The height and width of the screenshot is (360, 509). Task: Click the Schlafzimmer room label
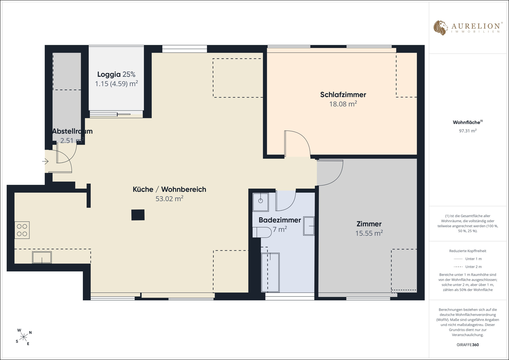(343, 95)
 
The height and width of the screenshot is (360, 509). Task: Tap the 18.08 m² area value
(343, 104)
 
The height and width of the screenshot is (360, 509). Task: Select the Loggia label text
(109, 74)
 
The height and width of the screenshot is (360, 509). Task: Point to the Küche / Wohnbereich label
(169, 189)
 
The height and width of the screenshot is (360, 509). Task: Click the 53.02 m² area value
(169, 198)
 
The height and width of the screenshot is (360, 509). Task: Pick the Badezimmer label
(280, 220)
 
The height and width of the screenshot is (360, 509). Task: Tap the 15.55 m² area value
(369, 233)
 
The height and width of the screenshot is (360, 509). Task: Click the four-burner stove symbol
(22, 230)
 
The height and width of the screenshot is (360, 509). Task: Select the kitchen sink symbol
(42, 257)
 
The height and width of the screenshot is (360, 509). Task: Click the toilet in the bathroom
(262, 232)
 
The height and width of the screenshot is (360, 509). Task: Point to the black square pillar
(138, 215)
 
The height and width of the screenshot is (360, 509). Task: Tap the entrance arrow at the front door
(45, 162)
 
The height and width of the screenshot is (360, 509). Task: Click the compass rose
(23, 337)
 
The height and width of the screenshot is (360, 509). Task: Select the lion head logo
(440, 28)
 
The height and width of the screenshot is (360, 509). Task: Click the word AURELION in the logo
(475, 26)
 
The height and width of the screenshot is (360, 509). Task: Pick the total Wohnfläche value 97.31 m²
(468, 131)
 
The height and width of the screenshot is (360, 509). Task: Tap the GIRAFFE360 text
(468, 345)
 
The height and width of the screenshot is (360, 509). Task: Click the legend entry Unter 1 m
(468, 259)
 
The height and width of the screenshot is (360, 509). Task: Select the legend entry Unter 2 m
(468, 267)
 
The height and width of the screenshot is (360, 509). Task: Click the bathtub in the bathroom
(270, 272)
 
